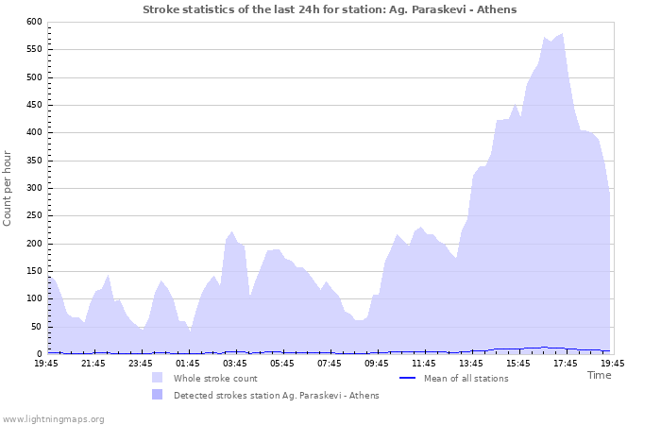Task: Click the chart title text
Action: (330, 8)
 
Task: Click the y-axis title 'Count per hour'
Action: (8, 187)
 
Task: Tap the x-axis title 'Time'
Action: (599, 375)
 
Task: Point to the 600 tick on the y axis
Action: (34, 22)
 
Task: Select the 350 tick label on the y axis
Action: (34, 161)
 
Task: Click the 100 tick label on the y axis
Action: (34, 298)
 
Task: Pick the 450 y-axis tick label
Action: (34, 105)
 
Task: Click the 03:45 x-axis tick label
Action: (235, 363)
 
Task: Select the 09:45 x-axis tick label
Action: (377, 363)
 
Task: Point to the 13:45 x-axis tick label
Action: (470, 363)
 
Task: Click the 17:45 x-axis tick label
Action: (565, 363)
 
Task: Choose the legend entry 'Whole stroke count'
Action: (216, 378)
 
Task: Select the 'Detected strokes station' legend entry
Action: (276, 395)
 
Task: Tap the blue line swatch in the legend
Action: (408, 378)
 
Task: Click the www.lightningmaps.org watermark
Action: (53, 418)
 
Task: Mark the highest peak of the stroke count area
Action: (563, 34)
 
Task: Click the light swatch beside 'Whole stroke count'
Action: (157, 378)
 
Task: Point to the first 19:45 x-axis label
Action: (46, 363)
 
